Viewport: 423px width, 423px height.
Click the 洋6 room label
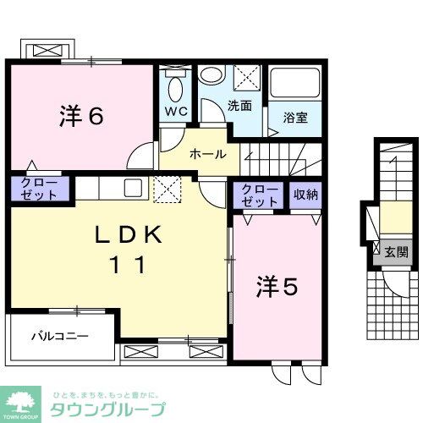coord(81,116)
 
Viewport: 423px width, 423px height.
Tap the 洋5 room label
coord(277,288)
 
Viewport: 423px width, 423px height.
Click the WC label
coord(176,112)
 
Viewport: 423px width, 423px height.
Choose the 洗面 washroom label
coord(239,107)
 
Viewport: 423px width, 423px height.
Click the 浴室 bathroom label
coord(295,118)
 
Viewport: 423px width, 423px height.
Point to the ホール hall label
coord(207,154)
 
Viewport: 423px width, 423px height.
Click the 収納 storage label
coord(305,195)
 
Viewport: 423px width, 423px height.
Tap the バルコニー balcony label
coord(60,336)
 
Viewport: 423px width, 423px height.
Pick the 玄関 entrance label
coord(397,251)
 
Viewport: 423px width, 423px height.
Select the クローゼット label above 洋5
coord(260,196)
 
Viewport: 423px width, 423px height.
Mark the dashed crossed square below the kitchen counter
coord(168,189)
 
